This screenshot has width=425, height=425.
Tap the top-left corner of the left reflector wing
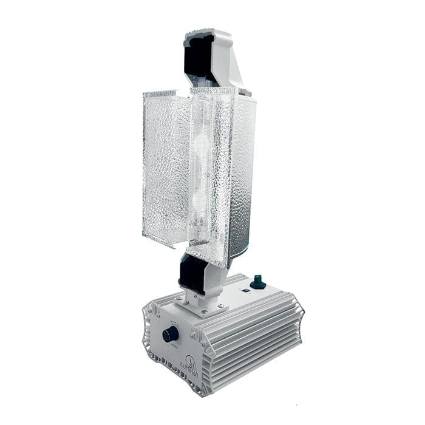(144, 95)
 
